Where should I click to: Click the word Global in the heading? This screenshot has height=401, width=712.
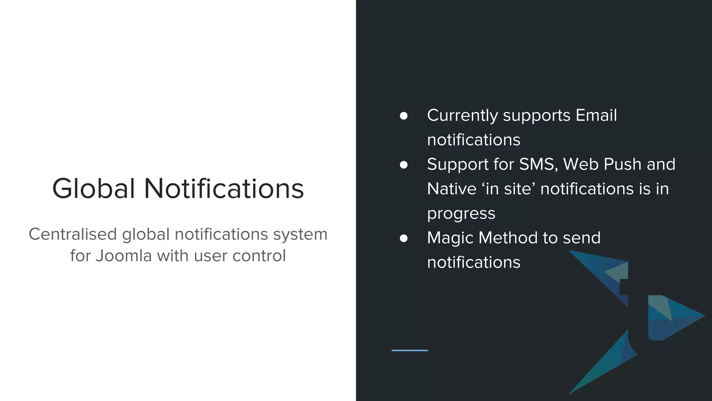click(93, 189)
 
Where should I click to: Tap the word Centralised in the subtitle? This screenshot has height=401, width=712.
click(72, 234)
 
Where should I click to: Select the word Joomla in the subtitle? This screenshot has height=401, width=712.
click(124, 256)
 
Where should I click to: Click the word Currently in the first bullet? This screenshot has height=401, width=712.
click(462, 116)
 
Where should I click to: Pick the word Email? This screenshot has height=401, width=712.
click(596, 115)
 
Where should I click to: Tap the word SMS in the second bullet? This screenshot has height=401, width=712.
click(538, 164)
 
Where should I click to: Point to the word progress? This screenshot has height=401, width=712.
click(461, 214)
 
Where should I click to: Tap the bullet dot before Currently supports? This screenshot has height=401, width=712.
click(404, 116)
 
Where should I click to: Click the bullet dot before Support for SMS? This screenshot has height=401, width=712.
click(404, 165)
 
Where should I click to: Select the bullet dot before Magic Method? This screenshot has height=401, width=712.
click(404, 238)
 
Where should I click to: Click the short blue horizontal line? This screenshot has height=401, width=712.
click(410, 350)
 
